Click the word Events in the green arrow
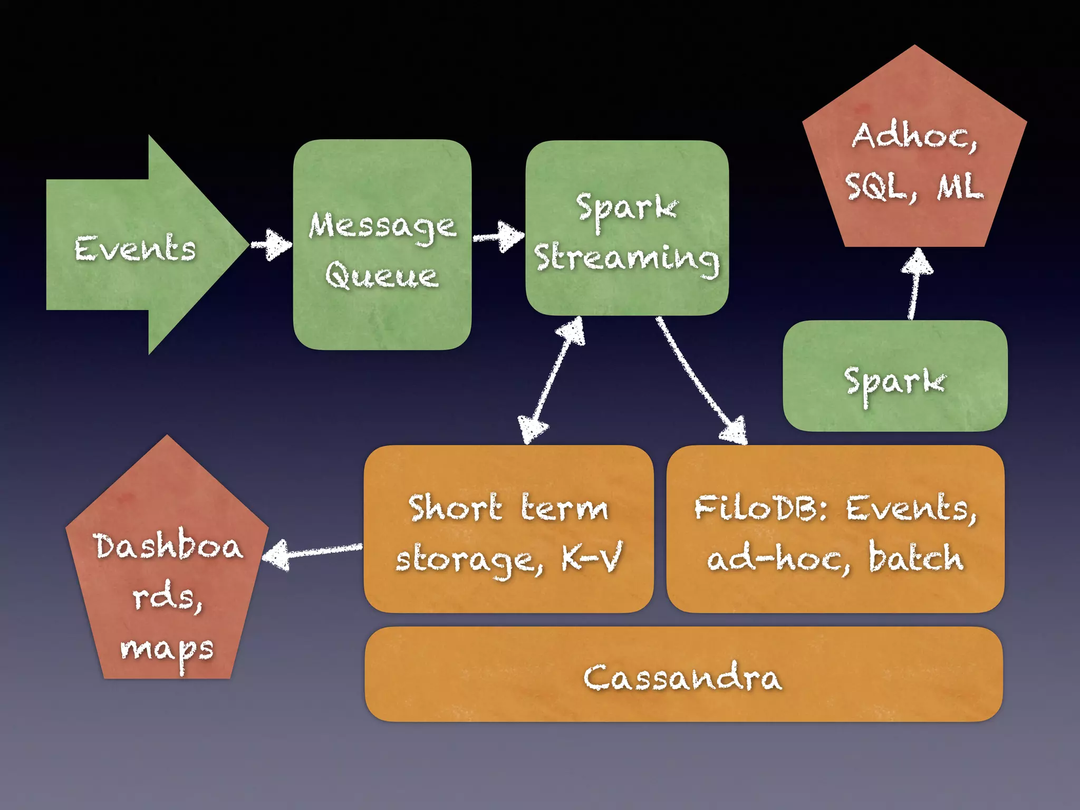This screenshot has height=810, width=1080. click(x=135, y=248)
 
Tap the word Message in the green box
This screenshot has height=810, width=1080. click(x=382, y=227)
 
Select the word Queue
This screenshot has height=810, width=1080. click(x=382, y=275)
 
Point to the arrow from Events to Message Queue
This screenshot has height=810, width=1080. click(x=271, y=245)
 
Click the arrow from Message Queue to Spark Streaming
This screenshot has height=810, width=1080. click(x=498, y=236)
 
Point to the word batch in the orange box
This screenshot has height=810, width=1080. click(x=916, y=558)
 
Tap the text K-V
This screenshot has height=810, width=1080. click(x=592, y=558)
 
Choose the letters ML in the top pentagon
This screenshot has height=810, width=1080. click(x=960, y=187)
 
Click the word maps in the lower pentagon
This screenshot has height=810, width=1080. click(x=167, y=650)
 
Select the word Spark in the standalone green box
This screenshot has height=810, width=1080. click(x=895, y=381)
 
